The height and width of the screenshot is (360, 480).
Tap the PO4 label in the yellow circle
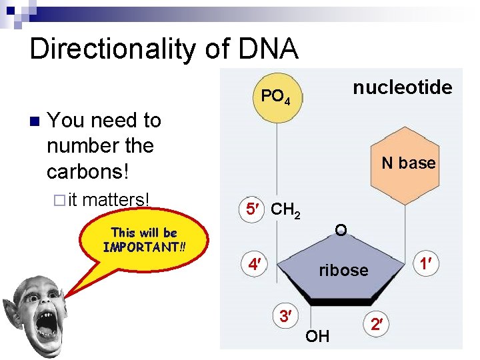pyautogui.click(x=275, y=97)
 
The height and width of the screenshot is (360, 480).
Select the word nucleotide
pyautogui.click(x=402, y=87)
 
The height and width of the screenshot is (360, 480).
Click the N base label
pyautogui.click(x=408, y=163)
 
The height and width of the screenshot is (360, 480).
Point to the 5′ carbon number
pyautogui.click(x=253, y=209)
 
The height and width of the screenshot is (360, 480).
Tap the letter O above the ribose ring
pyautogui.click(x=341, y=231)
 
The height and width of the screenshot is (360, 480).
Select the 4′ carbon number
pyautogui.click(x=253, y=265)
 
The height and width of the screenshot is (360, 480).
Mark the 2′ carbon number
pyautogui.click(x=377, y=325)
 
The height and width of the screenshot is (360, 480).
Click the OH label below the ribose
pyautogui.click(x=317, y=336)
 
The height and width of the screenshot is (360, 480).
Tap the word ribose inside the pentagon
pyautogui.click(x=343, y=270)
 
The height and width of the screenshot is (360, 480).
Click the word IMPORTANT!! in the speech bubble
pyautogui.click(x=144, y=247)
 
